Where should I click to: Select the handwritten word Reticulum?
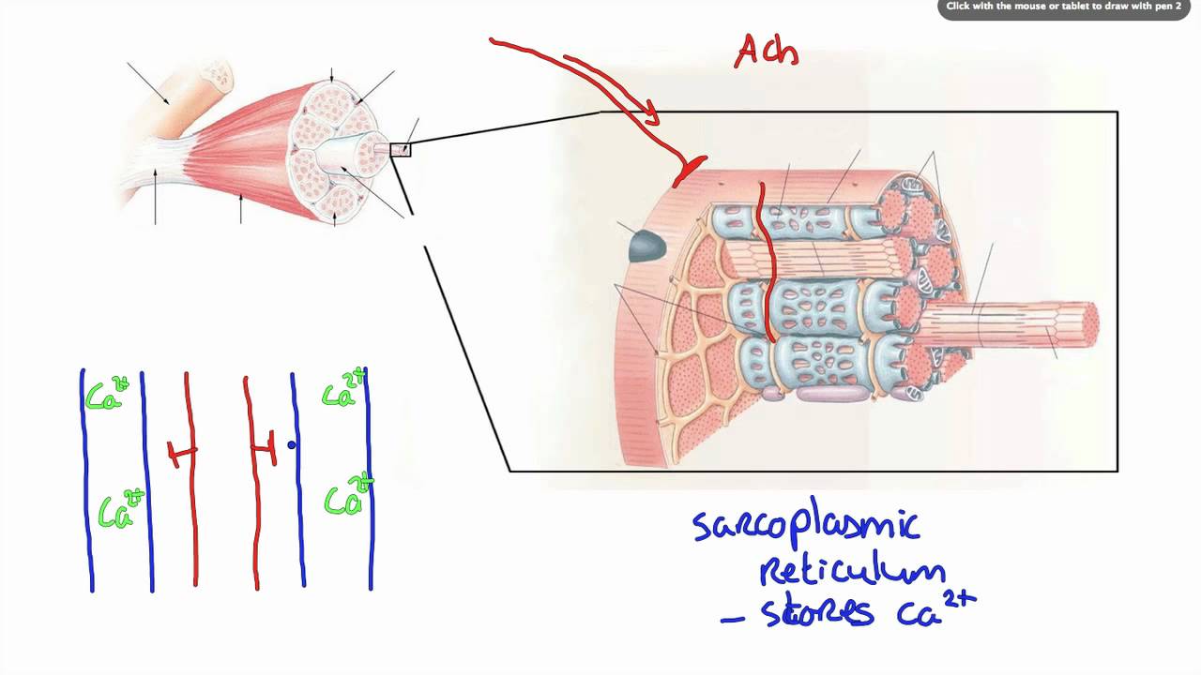click(851, 569)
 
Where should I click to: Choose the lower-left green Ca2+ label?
click(121, 510)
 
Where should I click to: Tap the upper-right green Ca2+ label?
click(342, 390)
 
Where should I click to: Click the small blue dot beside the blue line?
click(292, 445)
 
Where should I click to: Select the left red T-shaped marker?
click(181, 454)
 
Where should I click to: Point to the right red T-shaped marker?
click(266, 449)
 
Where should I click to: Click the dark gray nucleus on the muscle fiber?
click(646, 246)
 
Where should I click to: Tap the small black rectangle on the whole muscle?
click(401, 149)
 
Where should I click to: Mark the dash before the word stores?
click(732, 619)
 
